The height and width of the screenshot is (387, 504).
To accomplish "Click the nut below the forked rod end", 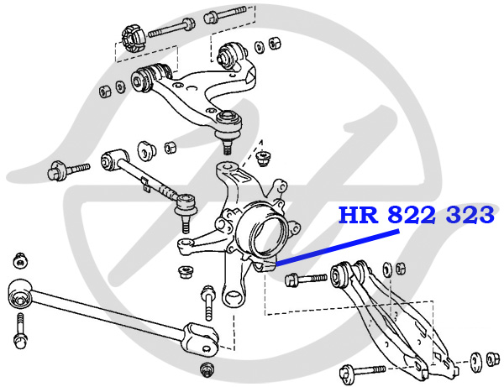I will click(x=206, y=370).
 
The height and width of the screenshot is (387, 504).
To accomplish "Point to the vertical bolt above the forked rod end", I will click(x=207, y=301).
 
